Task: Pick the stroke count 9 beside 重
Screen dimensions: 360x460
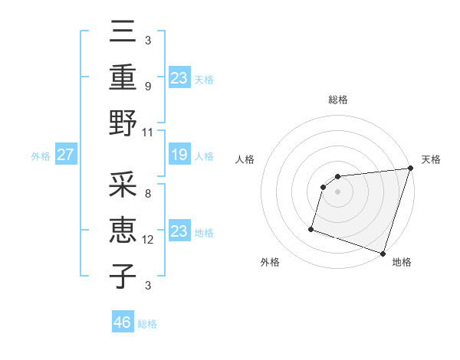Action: coord(148,87)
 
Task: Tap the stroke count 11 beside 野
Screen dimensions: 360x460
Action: coord(149,132)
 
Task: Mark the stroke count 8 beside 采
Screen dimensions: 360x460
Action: coord(148,195)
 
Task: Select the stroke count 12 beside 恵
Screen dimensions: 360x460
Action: coord(149,241)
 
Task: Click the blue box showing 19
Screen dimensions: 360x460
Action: coord(179,155)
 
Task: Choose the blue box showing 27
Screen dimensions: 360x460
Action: coord(65,155)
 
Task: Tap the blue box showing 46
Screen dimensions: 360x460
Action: coord(122,322)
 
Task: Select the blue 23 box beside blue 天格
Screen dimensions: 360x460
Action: coord(179,77)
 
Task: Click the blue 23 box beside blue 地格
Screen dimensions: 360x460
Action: coord(179,232)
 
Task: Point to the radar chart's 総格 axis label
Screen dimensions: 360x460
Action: coord(338,100)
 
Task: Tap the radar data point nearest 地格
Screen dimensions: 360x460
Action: coord(383,253)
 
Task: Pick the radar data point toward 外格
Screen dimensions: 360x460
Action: coord(311,228)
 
